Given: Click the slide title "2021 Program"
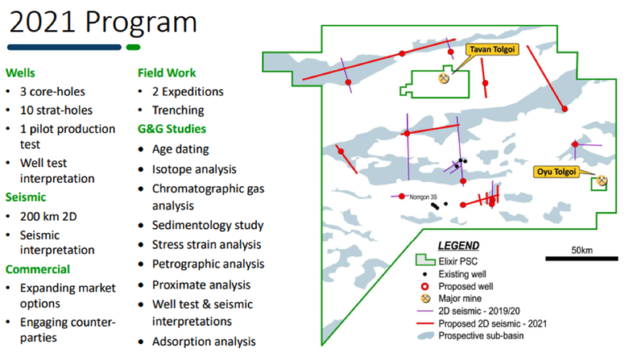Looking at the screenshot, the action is point(103,22).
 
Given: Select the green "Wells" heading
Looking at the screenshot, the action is point(21,73).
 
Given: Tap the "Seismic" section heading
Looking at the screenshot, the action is point(25,197).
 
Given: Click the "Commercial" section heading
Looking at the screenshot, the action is point(37,269).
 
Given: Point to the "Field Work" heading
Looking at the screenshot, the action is point(167,73).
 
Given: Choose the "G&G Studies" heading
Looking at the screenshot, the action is point(172,129).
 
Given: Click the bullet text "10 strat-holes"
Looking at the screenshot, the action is point(56,110).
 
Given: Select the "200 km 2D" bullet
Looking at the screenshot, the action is point(48,216).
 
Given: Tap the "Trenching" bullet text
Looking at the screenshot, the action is point(178,110).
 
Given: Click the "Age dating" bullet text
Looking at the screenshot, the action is point(180,149).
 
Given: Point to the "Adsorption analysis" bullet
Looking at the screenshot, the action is point(204,342).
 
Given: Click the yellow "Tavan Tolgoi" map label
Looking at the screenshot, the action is point(492,49).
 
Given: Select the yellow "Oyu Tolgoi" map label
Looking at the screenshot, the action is point(556,172).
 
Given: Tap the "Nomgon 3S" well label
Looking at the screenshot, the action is point(423,197).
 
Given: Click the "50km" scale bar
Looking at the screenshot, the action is point(582,258).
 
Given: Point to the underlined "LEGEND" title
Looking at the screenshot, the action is point(459,246).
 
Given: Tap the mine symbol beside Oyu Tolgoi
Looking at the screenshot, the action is point(602,180).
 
